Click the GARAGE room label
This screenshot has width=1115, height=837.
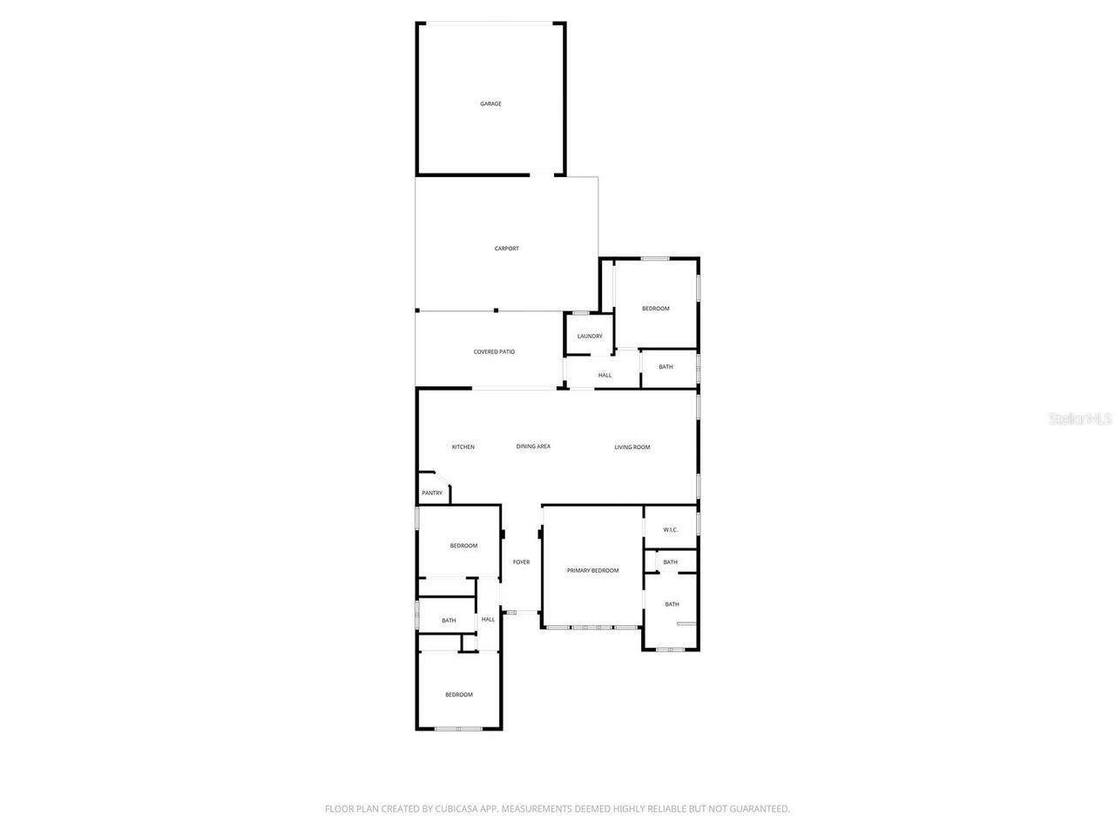(490, 104)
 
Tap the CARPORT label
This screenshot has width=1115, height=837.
(506, 248)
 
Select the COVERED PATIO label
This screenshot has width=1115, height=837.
(494, 352)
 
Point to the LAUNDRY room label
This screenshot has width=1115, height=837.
(590, 337)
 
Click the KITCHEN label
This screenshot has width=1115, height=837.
(463, 447)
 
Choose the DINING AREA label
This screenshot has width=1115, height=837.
(533, 446)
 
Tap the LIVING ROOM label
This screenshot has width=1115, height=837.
(632, 447)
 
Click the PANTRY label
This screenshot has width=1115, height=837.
(432, 493)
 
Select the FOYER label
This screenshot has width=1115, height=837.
(521, 562)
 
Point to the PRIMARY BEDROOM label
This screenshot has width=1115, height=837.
(592, 571)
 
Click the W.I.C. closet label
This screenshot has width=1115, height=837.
(670, 530)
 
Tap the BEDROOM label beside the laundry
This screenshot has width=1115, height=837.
(655, 309)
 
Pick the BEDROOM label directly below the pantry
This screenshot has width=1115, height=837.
(463, 546)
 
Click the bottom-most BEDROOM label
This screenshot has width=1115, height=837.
(458, 695)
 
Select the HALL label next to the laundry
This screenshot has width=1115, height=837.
(605, 376)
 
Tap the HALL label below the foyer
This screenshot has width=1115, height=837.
(488, 620)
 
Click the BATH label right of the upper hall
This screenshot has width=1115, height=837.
(666, 367)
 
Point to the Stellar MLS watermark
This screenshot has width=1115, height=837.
(1080, 419)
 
